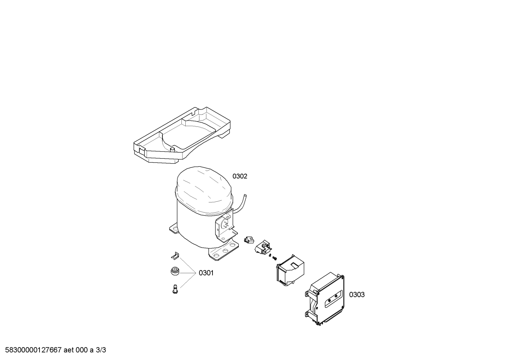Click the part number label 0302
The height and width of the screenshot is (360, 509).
240,176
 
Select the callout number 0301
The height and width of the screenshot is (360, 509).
206,273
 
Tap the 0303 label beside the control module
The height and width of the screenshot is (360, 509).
357,295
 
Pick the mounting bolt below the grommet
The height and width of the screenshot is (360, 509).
174,290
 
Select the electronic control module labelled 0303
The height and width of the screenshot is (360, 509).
324,299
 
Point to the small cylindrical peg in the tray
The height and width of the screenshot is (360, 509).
173,150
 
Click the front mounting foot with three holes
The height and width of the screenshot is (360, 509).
223,251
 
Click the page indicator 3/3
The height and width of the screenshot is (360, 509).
101,350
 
